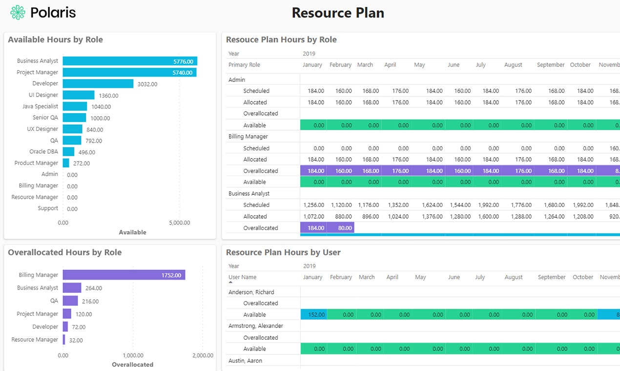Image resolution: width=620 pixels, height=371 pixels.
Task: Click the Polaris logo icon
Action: click(18, 13)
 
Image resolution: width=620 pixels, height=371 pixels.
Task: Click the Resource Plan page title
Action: click(338, 13)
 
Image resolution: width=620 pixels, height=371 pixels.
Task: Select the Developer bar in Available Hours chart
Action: click(98, 84)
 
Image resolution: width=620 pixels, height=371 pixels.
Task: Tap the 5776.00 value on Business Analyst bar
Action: click(183, 62)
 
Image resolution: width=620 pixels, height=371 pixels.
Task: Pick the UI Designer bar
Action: click(79, 95)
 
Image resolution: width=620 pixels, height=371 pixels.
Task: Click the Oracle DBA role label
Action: click(43, 152)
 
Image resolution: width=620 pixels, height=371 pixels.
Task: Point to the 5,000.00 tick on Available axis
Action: click(180, 223)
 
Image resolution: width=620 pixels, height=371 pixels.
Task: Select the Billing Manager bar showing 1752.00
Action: click(124, 275)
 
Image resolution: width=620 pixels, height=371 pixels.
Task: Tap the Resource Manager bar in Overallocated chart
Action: click(64, 340)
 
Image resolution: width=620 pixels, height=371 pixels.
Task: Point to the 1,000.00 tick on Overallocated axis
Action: click(133, 355)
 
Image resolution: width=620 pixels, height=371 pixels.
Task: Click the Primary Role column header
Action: click(244, 65)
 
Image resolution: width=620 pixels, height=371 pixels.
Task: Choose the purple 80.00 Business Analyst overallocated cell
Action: click(341, 228)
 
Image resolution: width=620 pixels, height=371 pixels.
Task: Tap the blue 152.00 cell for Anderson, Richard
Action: click(313, 315)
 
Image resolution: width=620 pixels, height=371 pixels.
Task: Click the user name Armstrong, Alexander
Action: click(255, 326)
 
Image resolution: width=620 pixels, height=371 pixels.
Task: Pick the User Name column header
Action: click(242, 277)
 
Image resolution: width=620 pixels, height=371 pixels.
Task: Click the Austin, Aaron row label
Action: click(245, 361)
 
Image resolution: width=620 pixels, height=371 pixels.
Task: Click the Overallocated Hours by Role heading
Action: click(64, 252)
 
